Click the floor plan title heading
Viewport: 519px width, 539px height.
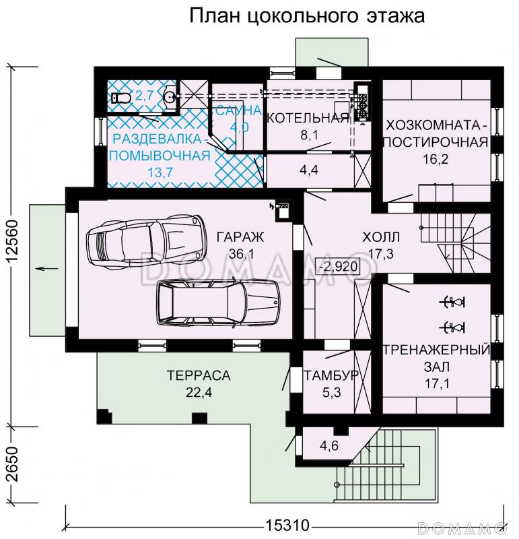pos(306,15)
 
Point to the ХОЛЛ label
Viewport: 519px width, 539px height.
pos(381,237)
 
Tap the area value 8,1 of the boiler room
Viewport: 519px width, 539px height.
pos(310,135)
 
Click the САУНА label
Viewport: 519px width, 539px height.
pos(234,112)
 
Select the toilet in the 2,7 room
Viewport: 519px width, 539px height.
pos(122,98)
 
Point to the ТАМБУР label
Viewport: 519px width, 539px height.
pos(331,376)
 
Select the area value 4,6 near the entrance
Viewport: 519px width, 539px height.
pos(329,445)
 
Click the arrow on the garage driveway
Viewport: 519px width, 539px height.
pos(45,269)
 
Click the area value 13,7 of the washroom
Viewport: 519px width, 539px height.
pos(159,172)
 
